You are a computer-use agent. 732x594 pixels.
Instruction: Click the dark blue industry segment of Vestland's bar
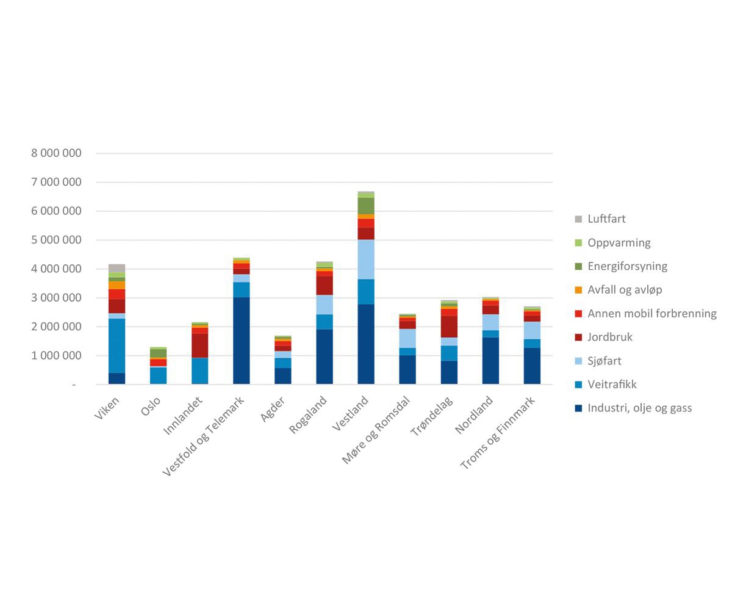tap(366, 344)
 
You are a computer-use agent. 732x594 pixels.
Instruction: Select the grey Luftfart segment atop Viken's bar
tap(117, 268)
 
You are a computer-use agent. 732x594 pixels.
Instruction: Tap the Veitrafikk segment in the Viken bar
tap(117, 346)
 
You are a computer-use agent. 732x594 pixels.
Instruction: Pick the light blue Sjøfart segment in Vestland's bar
tap(366, 259)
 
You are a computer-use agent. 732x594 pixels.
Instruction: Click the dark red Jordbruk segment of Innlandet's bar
tap(199, 345)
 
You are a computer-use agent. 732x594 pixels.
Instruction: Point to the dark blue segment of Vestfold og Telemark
tap(241, 341)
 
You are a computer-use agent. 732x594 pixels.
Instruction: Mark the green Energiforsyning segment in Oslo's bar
tap(158, 353)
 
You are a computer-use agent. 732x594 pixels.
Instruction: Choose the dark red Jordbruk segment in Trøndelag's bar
tap(449, 327)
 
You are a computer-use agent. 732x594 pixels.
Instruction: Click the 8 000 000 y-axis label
tap(56, 153)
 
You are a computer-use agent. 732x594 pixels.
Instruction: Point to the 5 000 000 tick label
tap(56, 240)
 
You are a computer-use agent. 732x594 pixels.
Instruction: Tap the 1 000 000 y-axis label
tap(56, 355)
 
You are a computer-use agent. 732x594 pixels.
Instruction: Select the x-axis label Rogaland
tap(309, 415)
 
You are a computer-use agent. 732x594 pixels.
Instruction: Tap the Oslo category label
tap(151, 407)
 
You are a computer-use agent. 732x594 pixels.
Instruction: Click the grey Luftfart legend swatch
tap(578, 219)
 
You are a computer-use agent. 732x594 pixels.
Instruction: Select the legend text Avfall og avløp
tap(625, 290)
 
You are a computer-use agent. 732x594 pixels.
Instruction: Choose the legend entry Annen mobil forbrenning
tap(652, 314)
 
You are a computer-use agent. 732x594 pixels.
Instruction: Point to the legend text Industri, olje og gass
tap(640, 408)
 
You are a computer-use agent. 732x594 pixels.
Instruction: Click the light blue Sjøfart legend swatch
tap(578, 361)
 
